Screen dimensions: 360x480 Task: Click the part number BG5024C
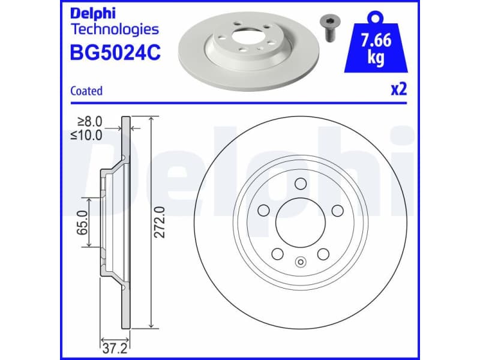(x=115, y=52)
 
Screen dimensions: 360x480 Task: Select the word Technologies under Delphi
(x=115, y=29)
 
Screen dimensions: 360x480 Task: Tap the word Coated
(x=86, y=91)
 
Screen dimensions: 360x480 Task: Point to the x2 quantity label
(x=399, y=89)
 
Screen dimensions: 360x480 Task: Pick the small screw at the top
(x=328, y=27)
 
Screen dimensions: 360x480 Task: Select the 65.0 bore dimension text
(x=83, y=221)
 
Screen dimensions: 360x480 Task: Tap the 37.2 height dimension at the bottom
(x=109, y=347)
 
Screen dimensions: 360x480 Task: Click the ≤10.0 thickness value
(x=88, y=134)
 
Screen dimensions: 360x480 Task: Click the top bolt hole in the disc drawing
(x=301, y=184)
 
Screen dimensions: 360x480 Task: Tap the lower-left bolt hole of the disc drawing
(x=278, y=254)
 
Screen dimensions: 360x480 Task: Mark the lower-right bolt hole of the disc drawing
(x=324, y=254)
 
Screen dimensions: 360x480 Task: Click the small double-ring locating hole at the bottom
(x=301, y=261)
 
